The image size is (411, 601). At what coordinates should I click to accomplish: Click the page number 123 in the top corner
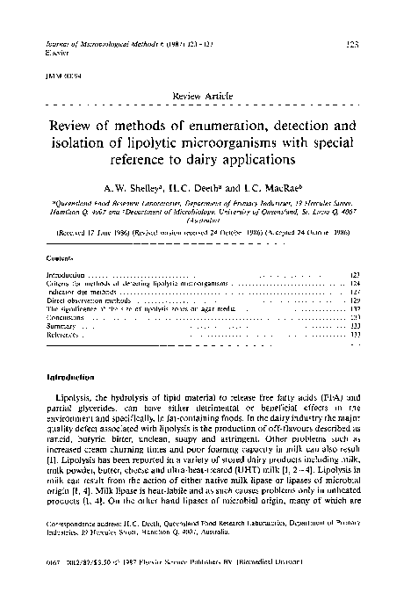pyautogui.click(x=379, y=43)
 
